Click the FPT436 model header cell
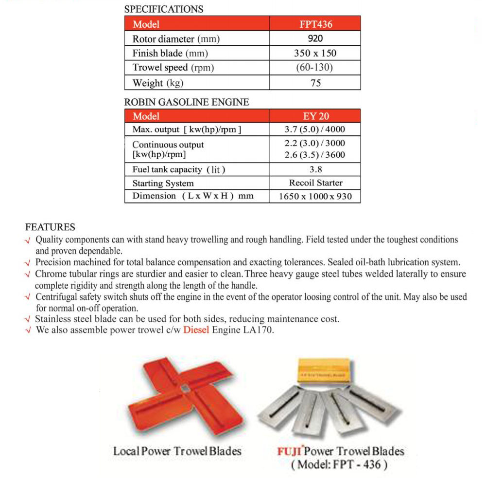(x=315, y=24)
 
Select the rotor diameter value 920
(x=315, y=38)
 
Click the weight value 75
(x=315, y=83)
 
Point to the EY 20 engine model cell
(x=315, y=116)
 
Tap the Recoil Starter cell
(x=315, y=183)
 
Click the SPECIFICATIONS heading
(x=164, y=9)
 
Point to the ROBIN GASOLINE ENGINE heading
(x=187, y=102)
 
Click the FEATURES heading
(x=50, y=227)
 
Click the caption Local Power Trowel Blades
(x=177, y=451)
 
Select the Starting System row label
(x=163, y=184)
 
